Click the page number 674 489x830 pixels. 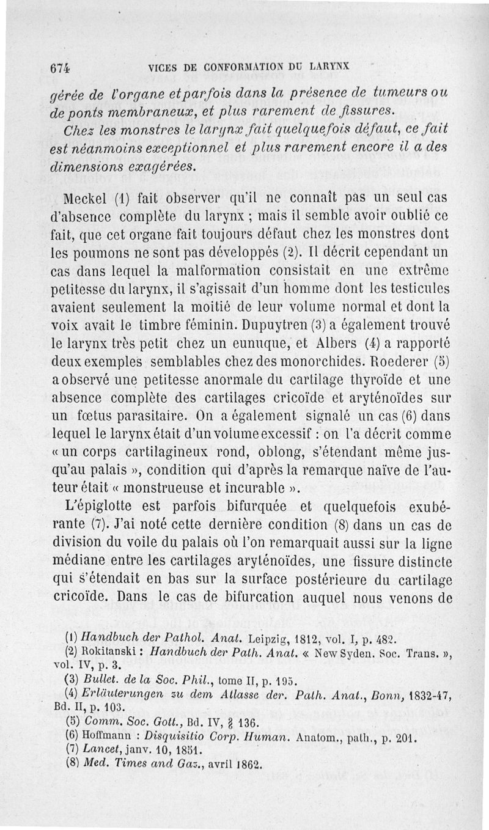coord(59,69)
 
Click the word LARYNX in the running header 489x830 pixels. coord(333,67)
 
